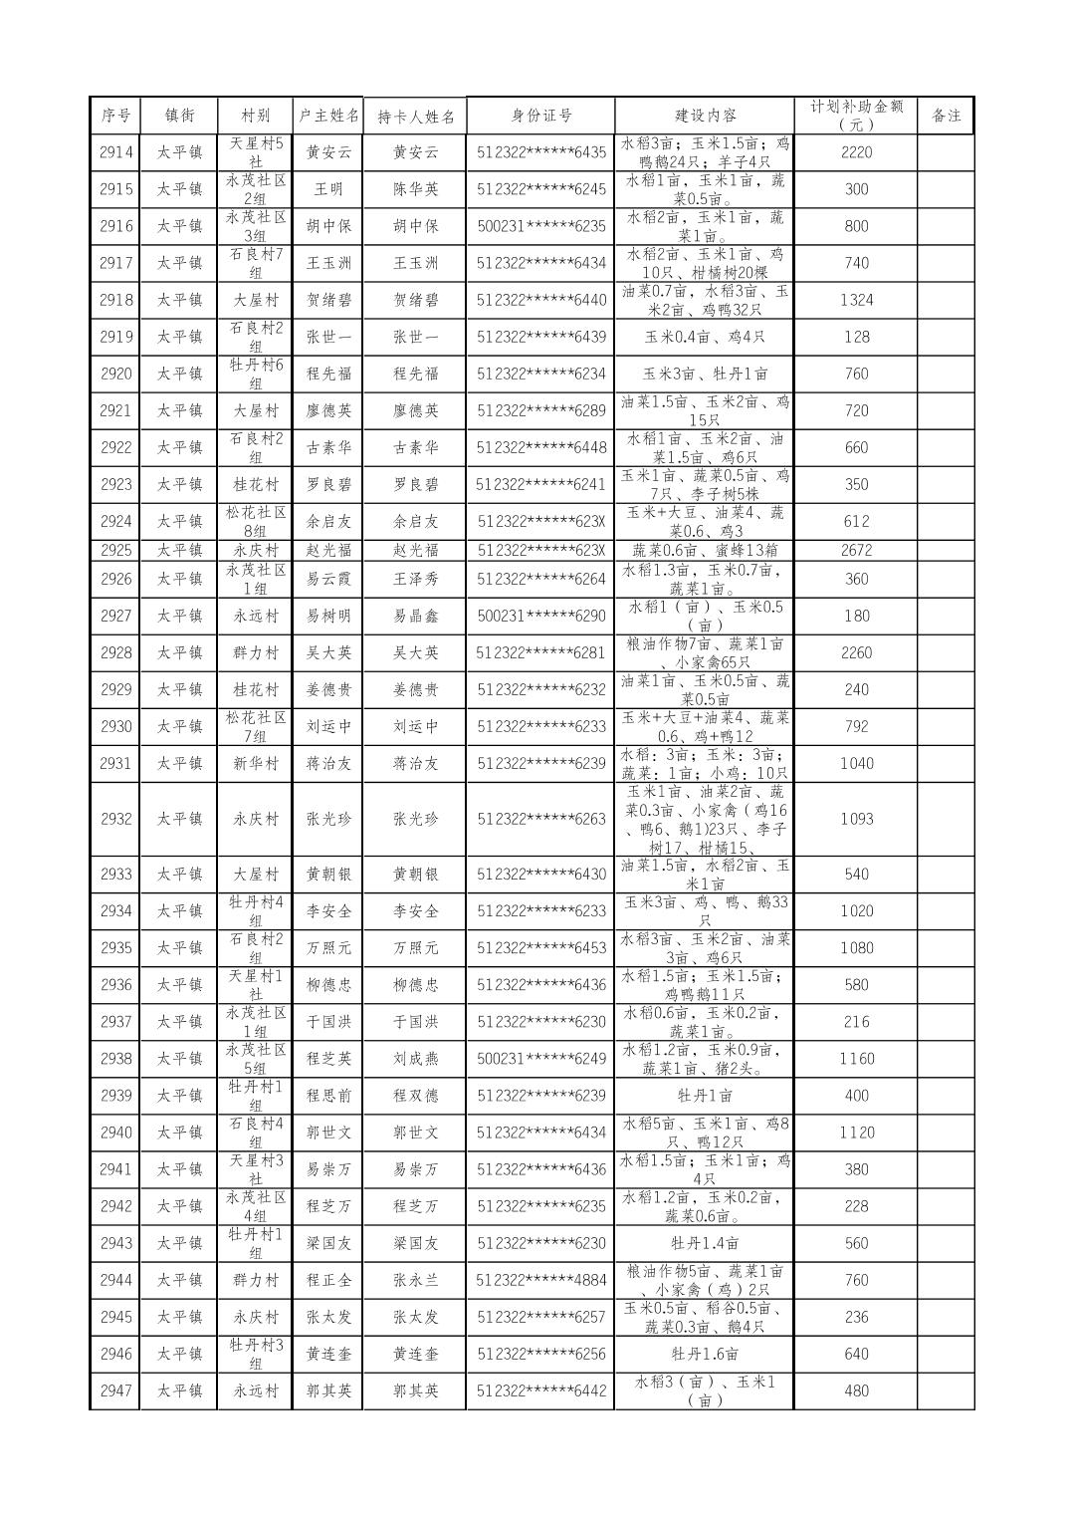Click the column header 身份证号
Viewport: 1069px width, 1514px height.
pos(540,116)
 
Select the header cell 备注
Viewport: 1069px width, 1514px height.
pos(946,116)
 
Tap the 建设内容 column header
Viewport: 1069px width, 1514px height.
pos(705,116)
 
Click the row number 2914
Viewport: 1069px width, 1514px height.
pos(115,152)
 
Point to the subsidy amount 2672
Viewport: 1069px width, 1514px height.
pos(856,550)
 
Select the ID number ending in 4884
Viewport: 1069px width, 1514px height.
pos(540,1280)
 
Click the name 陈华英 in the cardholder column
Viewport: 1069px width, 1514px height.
pos(415,189)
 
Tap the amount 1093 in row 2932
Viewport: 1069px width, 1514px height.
pos(856,819)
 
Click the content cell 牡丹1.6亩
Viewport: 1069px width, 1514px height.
pos(705,1354)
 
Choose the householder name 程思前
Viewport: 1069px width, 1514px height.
pos(328,1096)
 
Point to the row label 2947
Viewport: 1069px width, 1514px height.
pos(115,1390)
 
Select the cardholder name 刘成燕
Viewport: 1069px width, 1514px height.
pos(415,1059)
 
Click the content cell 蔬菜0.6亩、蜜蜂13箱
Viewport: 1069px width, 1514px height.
pos(705,550)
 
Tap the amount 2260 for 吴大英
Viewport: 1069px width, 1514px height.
pos(856,652)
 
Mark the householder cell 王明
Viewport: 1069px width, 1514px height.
pos(328,189)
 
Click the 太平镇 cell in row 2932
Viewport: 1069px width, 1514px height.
pos(179,819)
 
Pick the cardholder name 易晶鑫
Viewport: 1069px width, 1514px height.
pos(415,616)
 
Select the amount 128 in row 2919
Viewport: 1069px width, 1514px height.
pos(856,337)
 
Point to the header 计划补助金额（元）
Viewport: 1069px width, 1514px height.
pos(856,116)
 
